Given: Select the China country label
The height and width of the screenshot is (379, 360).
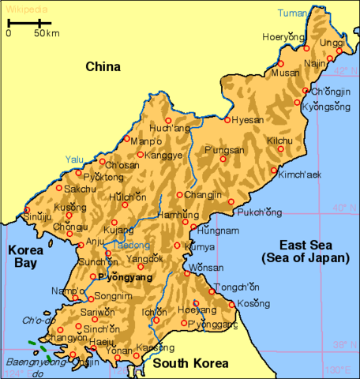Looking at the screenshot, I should pos(103,67).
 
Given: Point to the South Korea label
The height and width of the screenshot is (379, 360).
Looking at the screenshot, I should pos(190,363).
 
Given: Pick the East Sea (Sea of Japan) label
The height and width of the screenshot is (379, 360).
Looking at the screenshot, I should pos(305,251).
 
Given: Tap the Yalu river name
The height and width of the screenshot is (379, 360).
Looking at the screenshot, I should pos(74,159).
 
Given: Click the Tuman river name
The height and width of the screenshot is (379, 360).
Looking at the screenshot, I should pos(294,13).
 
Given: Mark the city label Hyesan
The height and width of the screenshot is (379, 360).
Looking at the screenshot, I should pos(249,121).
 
